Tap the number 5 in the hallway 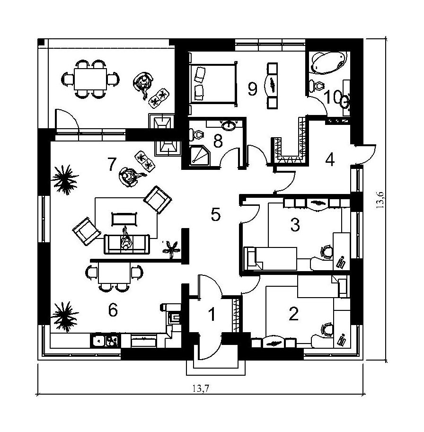point(216,214)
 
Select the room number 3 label point(295,225)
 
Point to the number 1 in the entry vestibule point(212,314)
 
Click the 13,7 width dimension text point(201,388)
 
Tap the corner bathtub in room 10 point(328,63)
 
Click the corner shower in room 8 point(200,157)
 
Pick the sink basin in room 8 point(229,126)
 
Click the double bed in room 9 point(213,84)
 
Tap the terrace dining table point(90,79)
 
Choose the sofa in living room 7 point(127,244)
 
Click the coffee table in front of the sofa point(124,219)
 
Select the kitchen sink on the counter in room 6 point(105,341)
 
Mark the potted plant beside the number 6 point(65,316)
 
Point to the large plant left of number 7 point(65,179)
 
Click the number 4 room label point(330,159)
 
